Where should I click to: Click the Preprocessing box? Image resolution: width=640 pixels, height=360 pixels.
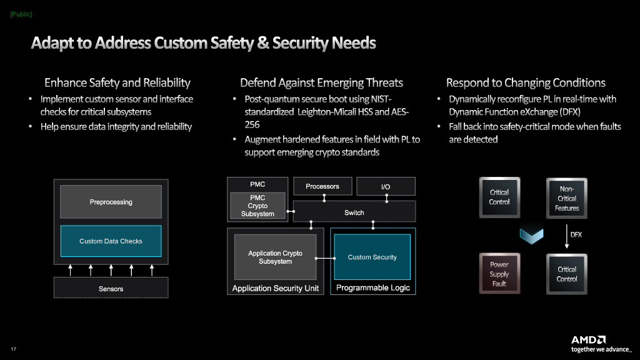pos(111,202)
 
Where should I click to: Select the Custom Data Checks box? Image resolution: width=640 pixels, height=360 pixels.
pos(111,241)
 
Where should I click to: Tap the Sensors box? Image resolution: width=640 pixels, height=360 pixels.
pos(111,287)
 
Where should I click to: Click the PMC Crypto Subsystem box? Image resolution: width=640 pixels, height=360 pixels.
pos(257,206)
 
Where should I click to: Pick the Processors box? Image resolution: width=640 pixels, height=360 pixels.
pos(322,186)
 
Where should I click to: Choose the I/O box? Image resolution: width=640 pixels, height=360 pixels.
pos(386,186)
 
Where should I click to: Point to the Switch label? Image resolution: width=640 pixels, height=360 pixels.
pos(354,212)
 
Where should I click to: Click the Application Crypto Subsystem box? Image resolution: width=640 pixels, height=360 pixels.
pos(275,257)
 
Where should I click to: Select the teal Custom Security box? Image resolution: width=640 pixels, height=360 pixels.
pos(372,257)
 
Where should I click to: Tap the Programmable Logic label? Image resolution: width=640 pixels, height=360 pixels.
pos(373,287)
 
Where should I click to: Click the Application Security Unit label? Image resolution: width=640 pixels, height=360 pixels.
pos(276,288)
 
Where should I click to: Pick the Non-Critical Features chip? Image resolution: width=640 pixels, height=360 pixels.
pos(566,198)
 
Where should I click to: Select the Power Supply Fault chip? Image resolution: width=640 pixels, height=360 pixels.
pos(499,274)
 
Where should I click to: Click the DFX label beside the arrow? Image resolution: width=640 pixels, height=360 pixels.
pos(576,235)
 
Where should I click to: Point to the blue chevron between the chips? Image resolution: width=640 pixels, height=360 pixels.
pos(531,236)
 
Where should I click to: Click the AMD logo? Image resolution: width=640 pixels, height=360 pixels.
pos(588,339)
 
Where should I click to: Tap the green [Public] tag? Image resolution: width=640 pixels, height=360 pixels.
pos(21,14)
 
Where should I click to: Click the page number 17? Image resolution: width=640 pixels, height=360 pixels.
pos(14,349)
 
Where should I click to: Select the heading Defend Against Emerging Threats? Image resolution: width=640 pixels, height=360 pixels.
pos(322,83)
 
